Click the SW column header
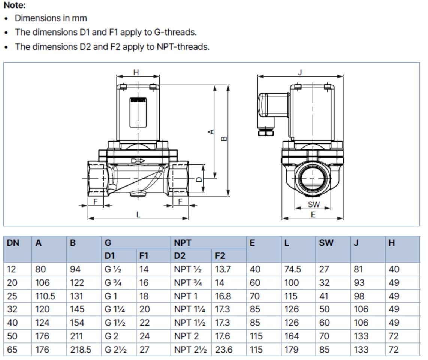(x=326, y=243)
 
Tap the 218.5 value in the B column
(x=81, y=350)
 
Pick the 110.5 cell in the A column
(x=45, y=296)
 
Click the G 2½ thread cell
(x=115, y=350)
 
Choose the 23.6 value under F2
(x=224, y=350)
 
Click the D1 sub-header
(x=110, y=256)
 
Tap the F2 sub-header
(x=220, y=256)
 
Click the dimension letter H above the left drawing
(x=136, y=72)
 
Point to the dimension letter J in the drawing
(x=300, y=72)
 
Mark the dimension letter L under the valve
(x=138, y=215)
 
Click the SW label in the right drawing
(x=314, y=204)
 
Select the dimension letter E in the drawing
(x=313, y=214)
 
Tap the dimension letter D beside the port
(x=199, y=179)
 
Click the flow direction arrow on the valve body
(x=138, y=161)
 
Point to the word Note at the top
(x=15, y=6)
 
